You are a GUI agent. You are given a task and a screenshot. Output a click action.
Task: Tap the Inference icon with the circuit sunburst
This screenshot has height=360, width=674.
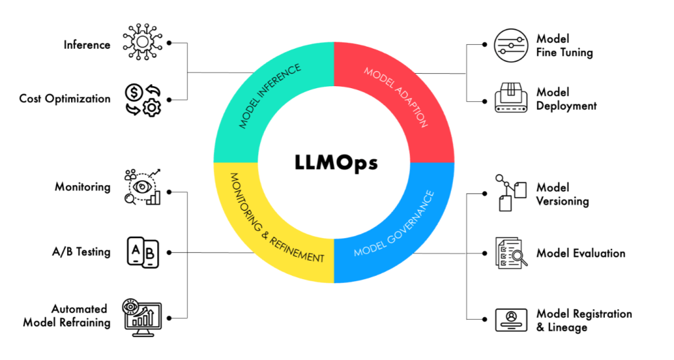[142, 43]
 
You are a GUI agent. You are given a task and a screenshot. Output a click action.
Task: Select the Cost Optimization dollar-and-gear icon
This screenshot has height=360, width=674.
[142, 99]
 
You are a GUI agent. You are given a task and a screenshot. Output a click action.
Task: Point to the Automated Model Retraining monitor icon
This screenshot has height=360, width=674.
[142, 317]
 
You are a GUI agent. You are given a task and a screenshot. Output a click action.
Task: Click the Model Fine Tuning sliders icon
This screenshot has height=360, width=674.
[511, 45]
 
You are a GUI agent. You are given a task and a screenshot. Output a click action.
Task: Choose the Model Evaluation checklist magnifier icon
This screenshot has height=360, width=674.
[511, 253]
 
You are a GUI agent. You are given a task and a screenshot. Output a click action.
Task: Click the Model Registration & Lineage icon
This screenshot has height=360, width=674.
[511, 319]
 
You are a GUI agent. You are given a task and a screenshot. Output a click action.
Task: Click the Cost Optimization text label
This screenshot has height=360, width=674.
[65, 99]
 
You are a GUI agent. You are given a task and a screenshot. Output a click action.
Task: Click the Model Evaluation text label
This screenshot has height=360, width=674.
[581, 253]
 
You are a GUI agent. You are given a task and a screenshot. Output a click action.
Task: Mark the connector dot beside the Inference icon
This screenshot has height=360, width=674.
[170, 43]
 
